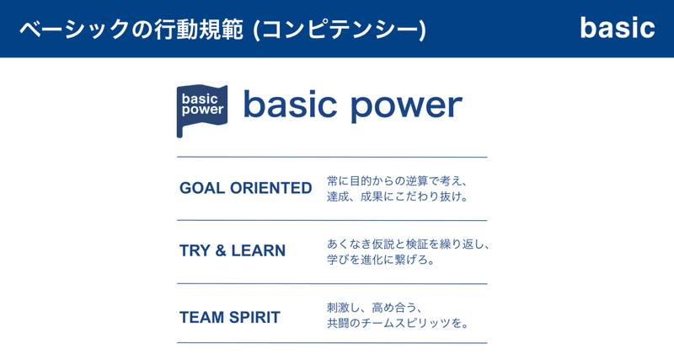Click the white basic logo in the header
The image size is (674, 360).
point(618,28)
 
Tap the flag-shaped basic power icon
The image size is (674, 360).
point(202,110)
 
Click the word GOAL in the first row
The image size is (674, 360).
point(202,188)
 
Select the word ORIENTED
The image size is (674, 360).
point(270,188)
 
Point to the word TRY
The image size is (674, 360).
point(195,250)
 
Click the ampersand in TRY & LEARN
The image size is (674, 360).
point(221,250)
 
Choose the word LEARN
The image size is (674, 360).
point(259,250)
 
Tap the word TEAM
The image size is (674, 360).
point(201,317)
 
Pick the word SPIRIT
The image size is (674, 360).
point(254,317)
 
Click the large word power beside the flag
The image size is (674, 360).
point(406,106)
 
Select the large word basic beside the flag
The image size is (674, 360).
point(290,104)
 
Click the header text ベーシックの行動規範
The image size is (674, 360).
point(131,30)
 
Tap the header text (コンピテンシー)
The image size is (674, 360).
point(340,30)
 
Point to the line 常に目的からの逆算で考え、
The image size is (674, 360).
point(397,181)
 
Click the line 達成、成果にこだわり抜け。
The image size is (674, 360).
point(398,197)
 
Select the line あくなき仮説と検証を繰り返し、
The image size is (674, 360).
point(408,244)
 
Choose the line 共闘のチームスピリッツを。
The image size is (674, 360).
point(398,323)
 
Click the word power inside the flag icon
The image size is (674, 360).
point(202,110)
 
